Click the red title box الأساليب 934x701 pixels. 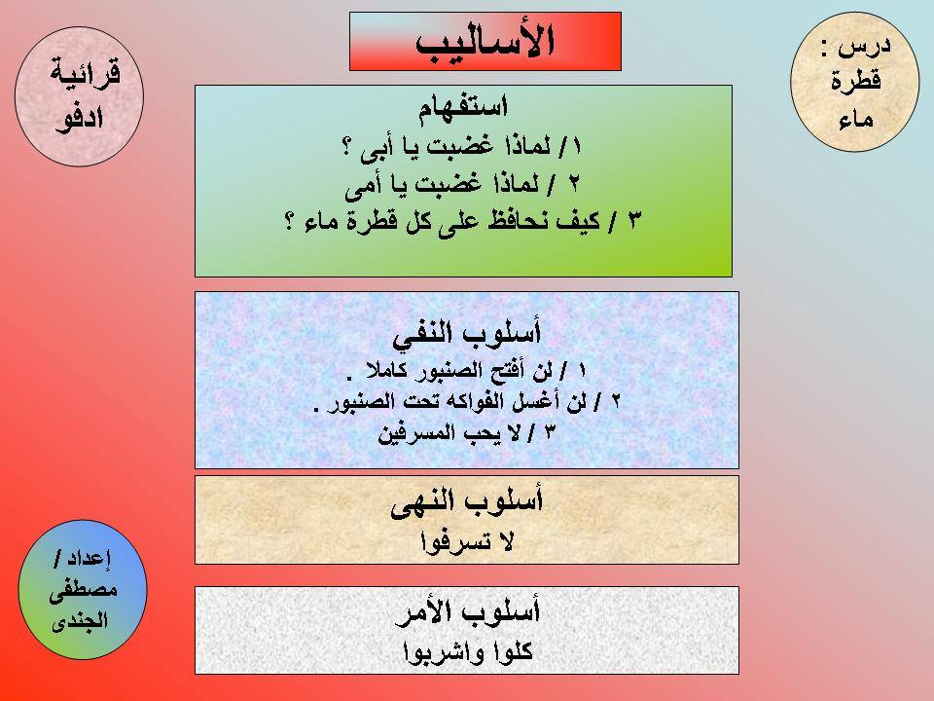point(485,41)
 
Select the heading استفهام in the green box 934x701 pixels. point(462,108)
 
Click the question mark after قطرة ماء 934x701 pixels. point(290,223)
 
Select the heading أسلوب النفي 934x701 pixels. point(466,334)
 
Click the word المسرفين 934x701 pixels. point(416,432)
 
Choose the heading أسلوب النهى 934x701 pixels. point(466,502)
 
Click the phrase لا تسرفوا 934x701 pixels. point(466,542)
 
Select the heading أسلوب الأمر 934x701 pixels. point(468,611)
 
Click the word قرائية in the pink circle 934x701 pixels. point(86,73)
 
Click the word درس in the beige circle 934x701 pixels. point(864,47)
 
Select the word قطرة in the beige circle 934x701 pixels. point(856,81)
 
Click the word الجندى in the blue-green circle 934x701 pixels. point(80,621)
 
